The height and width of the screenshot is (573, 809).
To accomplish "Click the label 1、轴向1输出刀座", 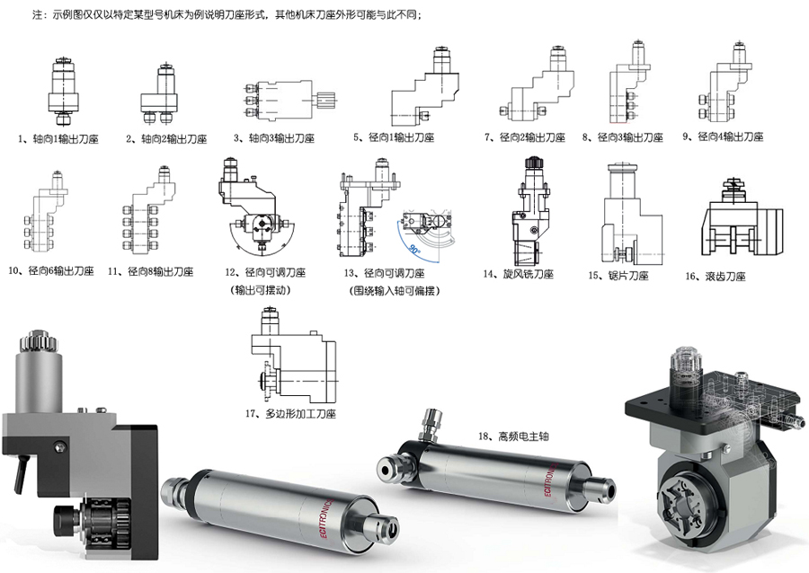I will tap(58, 140).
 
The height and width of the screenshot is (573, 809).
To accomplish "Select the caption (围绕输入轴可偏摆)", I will tap(388, 290).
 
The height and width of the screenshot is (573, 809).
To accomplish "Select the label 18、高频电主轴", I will tap(510, 436).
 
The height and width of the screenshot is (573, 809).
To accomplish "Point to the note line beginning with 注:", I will tap(224, 15).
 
